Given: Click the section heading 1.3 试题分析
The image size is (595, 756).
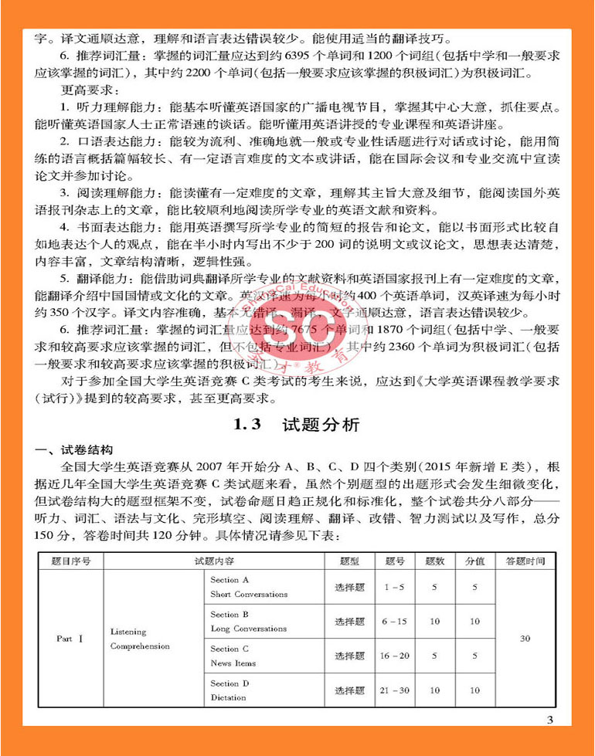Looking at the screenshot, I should (297, 425).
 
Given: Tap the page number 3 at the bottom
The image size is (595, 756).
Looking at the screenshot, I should (549, 721).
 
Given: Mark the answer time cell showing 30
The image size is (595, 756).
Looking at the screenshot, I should (525, 639).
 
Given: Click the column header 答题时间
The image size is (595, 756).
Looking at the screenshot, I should (525, 561).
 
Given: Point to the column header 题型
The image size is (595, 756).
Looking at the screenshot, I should (348, 561).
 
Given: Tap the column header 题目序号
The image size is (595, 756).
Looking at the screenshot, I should (70, 561).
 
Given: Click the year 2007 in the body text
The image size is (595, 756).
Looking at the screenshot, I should (219, 466).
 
